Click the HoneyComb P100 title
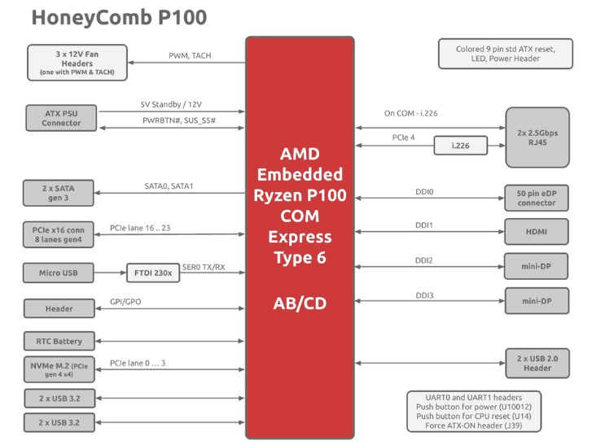pyautogui.click(x=119, y=18)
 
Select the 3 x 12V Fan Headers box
pyautogui.click(x=77, y=63)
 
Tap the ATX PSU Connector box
pyautogui.click(x=61, y=117)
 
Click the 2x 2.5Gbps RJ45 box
pyautogui.click(x=538, y=136)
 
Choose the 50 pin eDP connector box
pyautogui.click(x=538, y=197)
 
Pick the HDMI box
pyautogui.click(x=538, y=232)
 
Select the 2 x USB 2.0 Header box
pyautogui.click(x=538, y=363)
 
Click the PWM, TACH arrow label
pyautogui.click(x=190, y=56)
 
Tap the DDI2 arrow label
pyautogui.click(x=424, y=260)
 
